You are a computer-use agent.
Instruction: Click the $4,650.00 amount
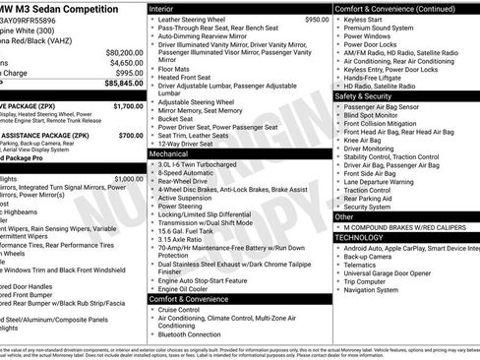(127, 62)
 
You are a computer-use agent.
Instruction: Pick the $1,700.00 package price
(127, 105)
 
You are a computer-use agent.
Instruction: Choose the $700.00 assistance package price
(130, 136)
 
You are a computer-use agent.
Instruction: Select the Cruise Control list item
(180, 309)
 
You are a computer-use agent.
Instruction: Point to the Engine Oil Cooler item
(187, 288)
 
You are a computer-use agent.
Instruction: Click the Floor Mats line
(174, 70)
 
